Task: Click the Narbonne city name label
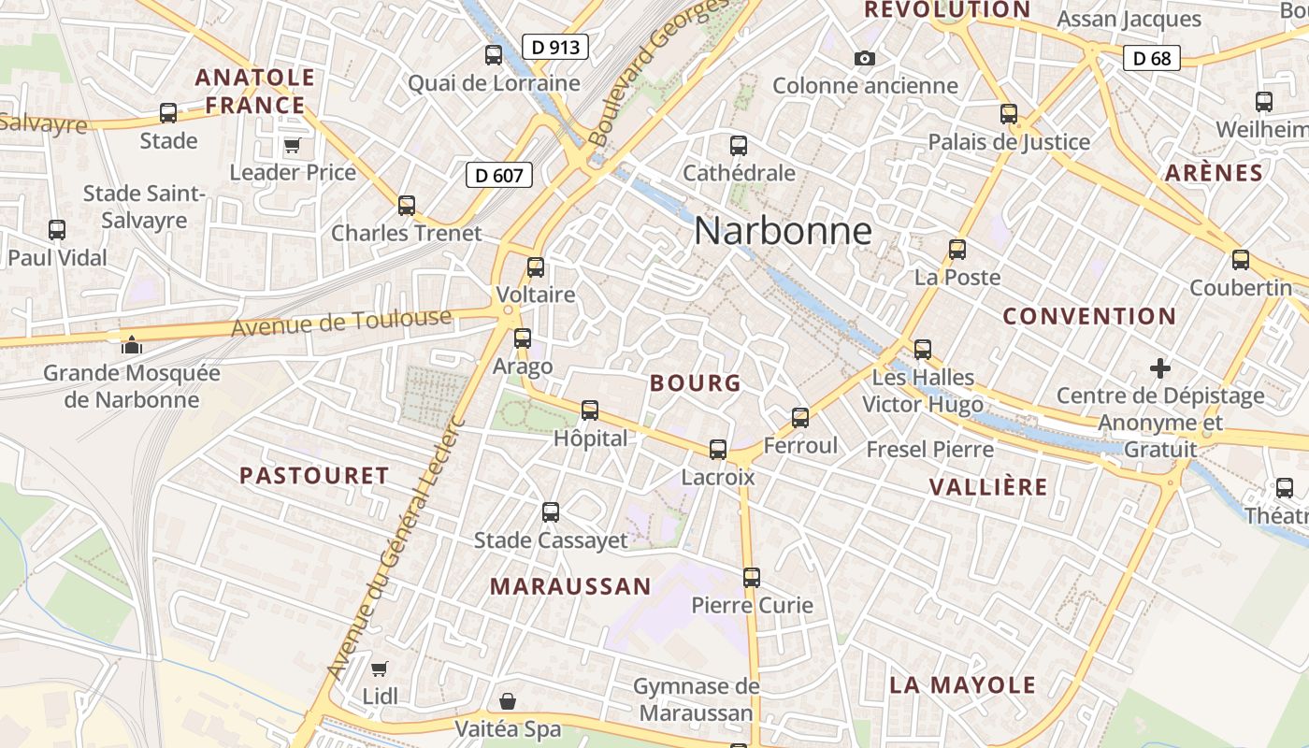tap(783, 231)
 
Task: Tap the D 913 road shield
tap(554, 47)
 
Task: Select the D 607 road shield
tap(498, 175)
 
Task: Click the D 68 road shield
tap(1151, 58)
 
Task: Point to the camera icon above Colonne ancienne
tap(865, 59)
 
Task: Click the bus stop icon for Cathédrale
tap(739, 146)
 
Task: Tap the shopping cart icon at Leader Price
tap(292, 145)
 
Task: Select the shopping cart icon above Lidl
tap(379, 669)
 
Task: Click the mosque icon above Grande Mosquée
tap(132, 345)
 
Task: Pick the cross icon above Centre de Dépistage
tap(1160, 368)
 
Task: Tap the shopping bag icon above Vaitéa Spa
tap(507, 700)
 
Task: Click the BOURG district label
tap(695, 383)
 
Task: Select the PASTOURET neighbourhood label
tap(314, 476)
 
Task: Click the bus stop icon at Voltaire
tap(536, 267)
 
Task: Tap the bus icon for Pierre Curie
tap(752, 578)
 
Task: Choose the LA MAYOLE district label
tap(962, 684)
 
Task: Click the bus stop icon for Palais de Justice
tap(1009, 114)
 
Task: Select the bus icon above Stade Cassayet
tap(551, 512)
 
